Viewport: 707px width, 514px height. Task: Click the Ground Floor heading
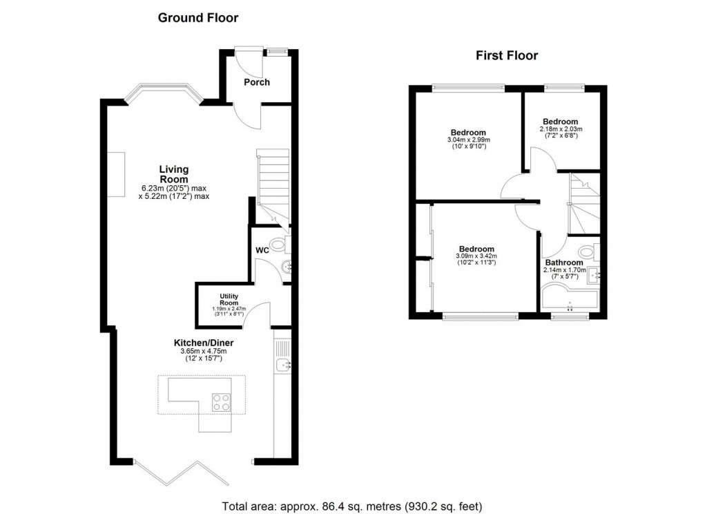coord(198,18)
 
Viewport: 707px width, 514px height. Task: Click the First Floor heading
coord(507,56)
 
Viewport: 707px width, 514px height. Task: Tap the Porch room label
coord(256,82)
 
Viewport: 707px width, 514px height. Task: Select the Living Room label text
coord(174,174)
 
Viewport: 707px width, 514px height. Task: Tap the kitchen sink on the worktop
coord(284,364)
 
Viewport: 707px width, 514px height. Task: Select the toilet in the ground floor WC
coord(279,244)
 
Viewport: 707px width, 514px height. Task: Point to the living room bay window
coord(163,90)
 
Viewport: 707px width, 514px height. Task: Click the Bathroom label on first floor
coord(563,263)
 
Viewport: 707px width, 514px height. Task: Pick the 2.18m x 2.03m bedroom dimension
coord(560,129)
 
